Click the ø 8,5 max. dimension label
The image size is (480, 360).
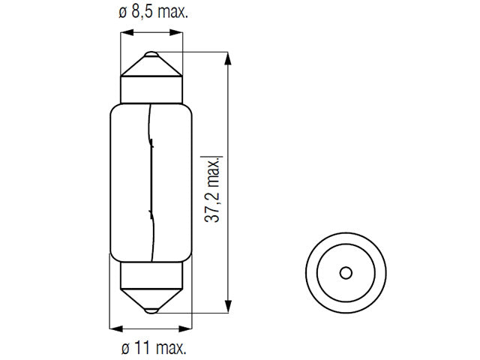153,13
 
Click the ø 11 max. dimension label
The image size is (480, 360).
154,348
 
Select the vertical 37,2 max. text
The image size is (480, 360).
213,190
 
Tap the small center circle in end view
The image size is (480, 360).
346,273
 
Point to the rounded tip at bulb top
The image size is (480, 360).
151,54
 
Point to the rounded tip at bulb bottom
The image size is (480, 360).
151,310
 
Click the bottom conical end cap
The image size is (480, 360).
151,301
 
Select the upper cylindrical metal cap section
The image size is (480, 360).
151,90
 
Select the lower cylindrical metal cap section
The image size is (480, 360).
151,275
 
